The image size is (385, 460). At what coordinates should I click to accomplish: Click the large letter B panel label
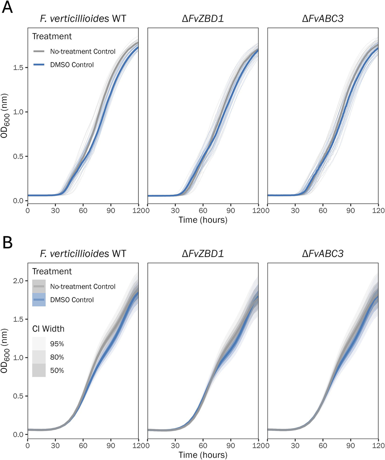point(8,243)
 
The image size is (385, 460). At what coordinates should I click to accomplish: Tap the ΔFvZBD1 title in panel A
point(203,19)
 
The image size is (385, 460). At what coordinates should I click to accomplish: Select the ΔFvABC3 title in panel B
point(323,254)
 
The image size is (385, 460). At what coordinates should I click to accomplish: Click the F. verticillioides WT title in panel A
point(83,19)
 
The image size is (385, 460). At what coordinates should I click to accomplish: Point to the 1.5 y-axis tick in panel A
point(18,68)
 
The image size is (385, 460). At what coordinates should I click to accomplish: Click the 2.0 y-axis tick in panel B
point(18,281)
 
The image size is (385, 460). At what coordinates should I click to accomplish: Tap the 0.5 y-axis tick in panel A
point(18,156)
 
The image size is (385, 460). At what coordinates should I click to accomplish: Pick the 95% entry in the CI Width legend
point(57,344)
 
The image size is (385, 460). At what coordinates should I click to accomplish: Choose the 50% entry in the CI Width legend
point(57,370)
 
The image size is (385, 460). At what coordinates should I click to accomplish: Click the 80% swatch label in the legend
point(57,357)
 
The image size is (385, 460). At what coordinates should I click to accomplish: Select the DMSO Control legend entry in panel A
point(72,65)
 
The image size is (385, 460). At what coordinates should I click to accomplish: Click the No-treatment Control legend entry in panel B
point(83,287)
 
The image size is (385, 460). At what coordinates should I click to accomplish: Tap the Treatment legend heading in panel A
point(52,36)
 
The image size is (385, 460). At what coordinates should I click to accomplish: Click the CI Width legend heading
point(48,329)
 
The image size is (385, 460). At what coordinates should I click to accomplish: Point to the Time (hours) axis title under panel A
point(203,220)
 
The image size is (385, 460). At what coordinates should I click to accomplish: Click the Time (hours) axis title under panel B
point(203,455)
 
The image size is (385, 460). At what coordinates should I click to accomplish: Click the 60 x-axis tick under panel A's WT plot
point(83,211)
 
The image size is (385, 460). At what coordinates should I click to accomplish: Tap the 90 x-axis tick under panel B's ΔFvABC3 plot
point(350,445)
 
